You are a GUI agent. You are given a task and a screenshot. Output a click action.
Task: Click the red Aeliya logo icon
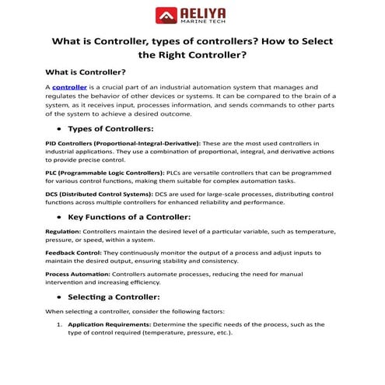166,16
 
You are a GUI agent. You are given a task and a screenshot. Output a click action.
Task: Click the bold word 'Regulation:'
63,232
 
